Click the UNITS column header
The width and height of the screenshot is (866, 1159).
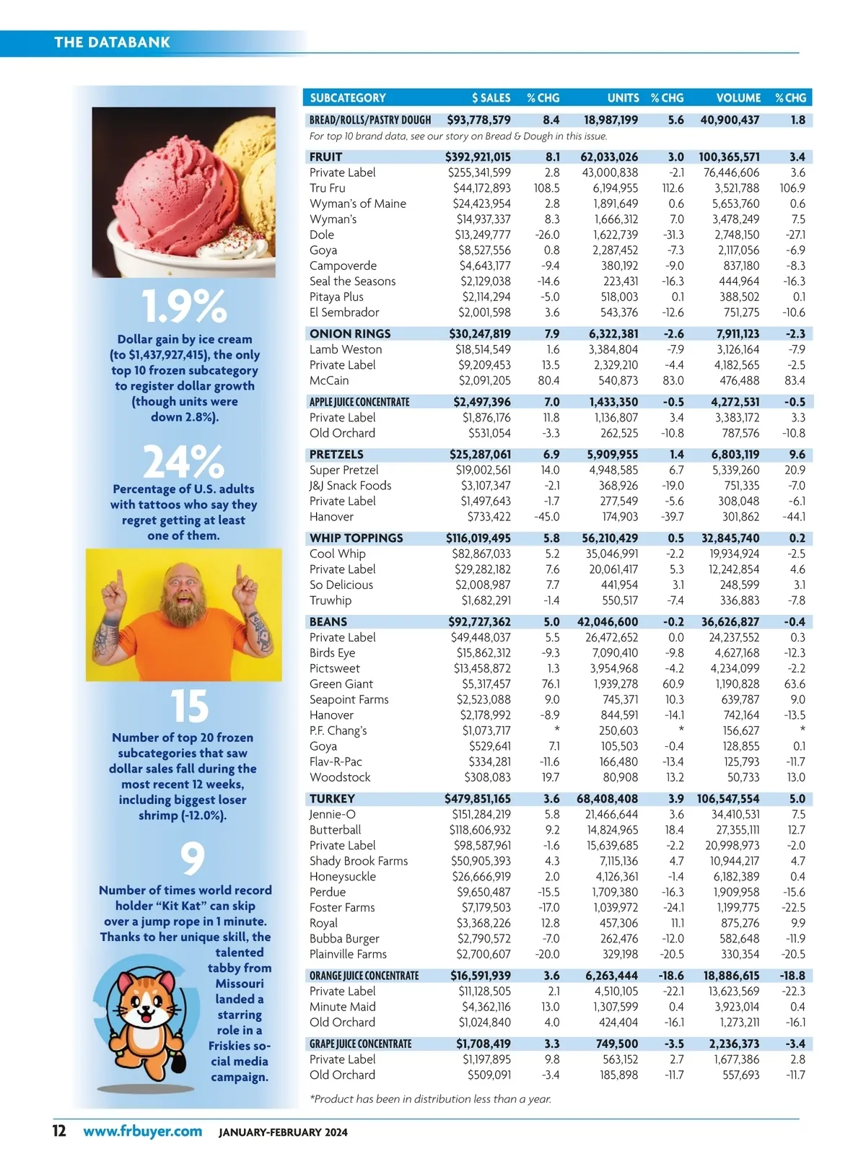pyautogui.click(x=623, y=97)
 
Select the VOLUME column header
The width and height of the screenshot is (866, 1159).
pyautogui.click(x=738, y=97)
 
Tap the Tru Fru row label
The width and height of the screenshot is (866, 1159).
pyautogui.click(x=328, y=188)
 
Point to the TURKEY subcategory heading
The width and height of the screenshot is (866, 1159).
pyautogui.click(x=332, y=798)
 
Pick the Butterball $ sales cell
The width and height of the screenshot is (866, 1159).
pyautogui.click(x=480, y=830)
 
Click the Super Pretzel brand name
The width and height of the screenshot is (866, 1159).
pyautogui.click(x=344, y=470)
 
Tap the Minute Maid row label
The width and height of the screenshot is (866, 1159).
pyautogui.click(x=342, y=1007)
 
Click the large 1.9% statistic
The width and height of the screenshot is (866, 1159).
pyautogui.click(x=184, y=307)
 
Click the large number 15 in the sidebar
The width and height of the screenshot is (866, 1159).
pyautogui.click(x=189, y=707)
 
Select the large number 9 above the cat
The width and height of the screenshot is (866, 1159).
pyautogui.click(x=192, y=858)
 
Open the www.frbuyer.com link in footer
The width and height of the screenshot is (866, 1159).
pyautogui.click(x=142, y=1131)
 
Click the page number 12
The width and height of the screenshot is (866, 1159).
pyautogui.click(x=59, y=1131)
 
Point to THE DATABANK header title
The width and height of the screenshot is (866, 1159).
pyautogui.click(x=113, y=43)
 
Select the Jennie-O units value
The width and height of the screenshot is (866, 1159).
pyautogui.click(x=611, y=814)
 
